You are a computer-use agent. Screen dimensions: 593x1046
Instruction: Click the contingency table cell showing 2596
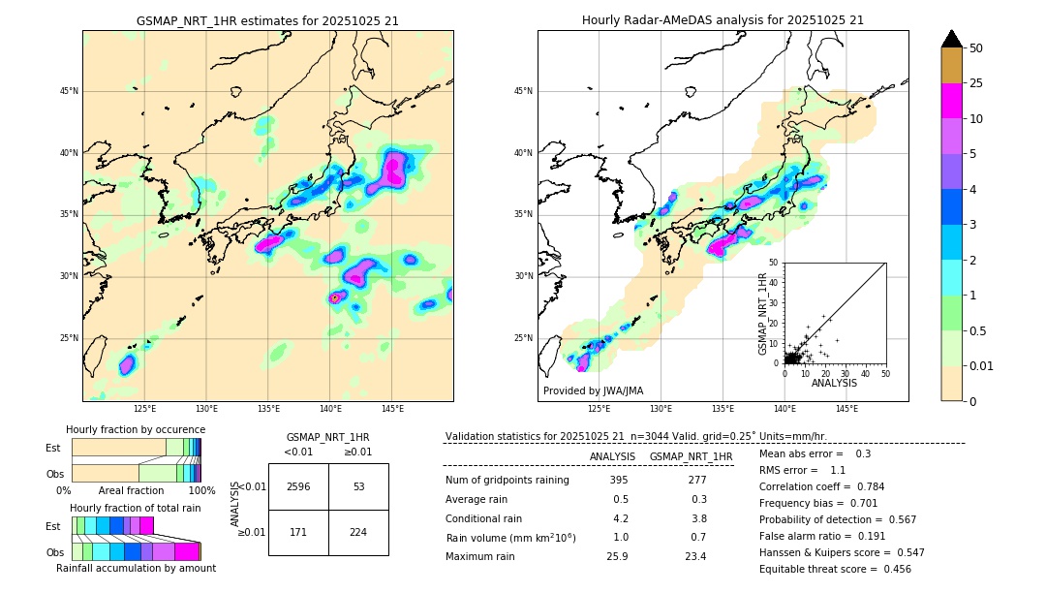[298, 486]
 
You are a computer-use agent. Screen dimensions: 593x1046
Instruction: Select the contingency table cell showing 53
[358, 486]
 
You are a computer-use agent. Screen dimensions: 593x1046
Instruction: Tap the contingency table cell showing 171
[298, 532]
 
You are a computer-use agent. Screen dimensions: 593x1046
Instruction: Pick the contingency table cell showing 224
[358, 532]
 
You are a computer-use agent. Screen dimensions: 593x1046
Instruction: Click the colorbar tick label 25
[976, 83]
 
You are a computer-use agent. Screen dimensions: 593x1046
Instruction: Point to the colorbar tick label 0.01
[982, 365]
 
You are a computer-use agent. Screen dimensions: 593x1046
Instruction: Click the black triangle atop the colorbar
[952, 39]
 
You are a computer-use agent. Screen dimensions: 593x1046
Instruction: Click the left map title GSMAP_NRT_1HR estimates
[267, 20]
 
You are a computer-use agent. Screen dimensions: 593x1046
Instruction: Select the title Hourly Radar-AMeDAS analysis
[723, 20]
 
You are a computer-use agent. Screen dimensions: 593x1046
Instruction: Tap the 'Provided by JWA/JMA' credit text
[593, 390]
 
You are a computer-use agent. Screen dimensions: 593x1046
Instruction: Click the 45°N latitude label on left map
[68, 91]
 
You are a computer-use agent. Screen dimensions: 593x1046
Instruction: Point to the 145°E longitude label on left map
[392, 409]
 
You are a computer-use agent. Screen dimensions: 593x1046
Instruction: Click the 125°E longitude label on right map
[600, 409]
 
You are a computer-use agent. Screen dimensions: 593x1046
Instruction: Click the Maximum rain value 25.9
[619, 556]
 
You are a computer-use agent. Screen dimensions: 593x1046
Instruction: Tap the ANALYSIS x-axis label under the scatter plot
[834, 383]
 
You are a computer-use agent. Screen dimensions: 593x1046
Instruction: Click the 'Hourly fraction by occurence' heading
[136, 429]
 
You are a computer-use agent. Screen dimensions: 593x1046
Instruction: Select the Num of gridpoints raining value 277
[697, 481]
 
